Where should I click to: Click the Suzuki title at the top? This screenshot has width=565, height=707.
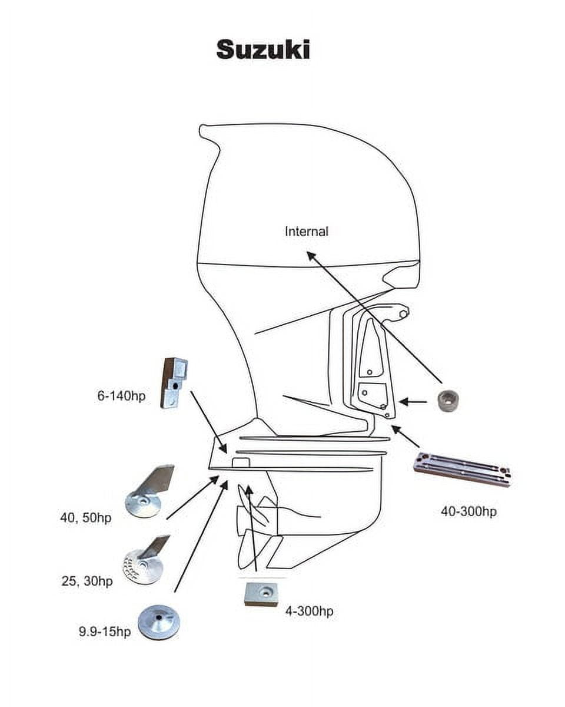[x=262, y=49]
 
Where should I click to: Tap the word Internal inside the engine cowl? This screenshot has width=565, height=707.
[x=306, y=232]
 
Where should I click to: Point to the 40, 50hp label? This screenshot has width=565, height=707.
[x=85, y=518]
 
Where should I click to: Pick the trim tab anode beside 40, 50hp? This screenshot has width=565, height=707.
[x=149, y=491]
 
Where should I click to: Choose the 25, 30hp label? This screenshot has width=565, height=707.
[x=87, y=581]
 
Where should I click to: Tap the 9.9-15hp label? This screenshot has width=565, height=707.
[x=105, y=632]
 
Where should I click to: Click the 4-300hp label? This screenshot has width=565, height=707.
[x=309, y=612]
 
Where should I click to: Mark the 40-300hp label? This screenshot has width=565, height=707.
[x=468, y=511]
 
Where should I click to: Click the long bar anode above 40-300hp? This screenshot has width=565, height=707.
[x=463, y=469]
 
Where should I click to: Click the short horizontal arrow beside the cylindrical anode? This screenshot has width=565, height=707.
[x=413, y=402]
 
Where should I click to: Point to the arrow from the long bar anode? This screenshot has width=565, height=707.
[x=406, y=437]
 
